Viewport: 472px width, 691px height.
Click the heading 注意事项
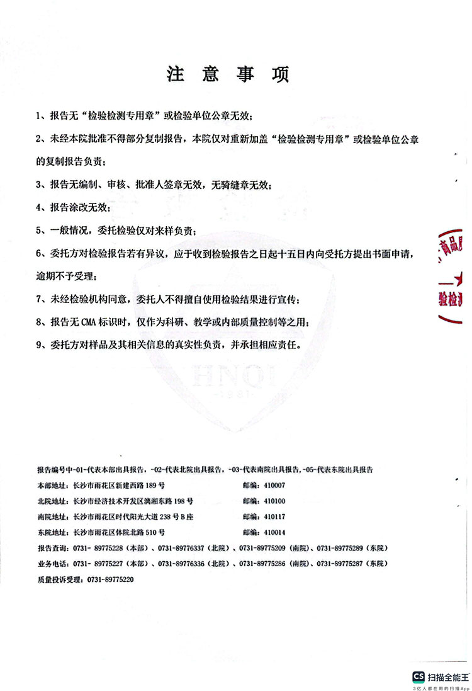pos(227,74)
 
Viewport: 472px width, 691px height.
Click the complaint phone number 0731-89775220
pos(110,578)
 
